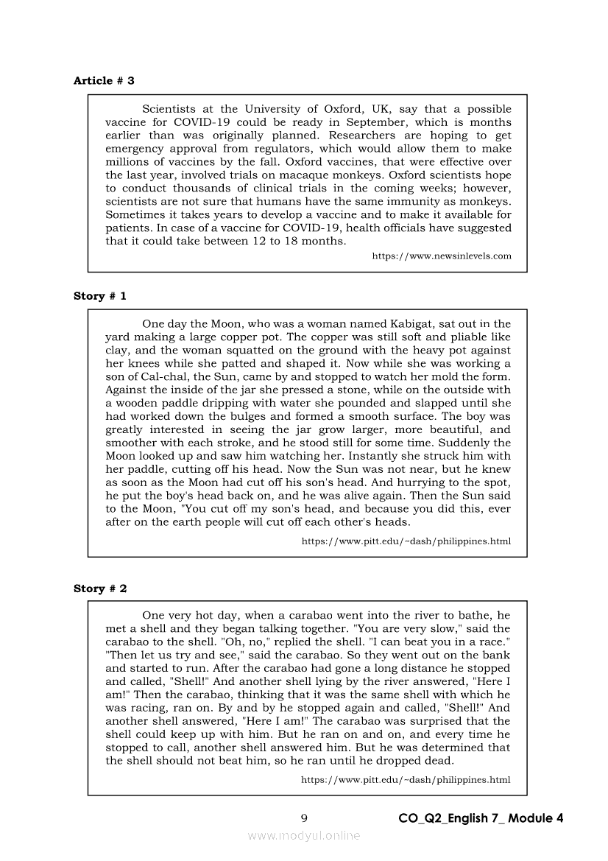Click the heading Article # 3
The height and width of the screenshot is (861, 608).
coord(104,80)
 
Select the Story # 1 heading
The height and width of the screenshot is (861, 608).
coord(100,295)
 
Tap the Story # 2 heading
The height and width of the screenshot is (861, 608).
coord(100,588)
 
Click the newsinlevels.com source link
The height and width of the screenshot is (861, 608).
coord(441,256)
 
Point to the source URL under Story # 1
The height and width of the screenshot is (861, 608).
coord(406,541)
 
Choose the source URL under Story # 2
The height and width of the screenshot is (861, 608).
coord(406,779)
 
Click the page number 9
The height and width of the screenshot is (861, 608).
coord(304,818)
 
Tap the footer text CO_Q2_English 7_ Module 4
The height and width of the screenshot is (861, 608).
coord(481,818)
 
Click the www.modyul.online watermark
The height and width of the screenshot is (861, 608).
coord(304,835)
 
